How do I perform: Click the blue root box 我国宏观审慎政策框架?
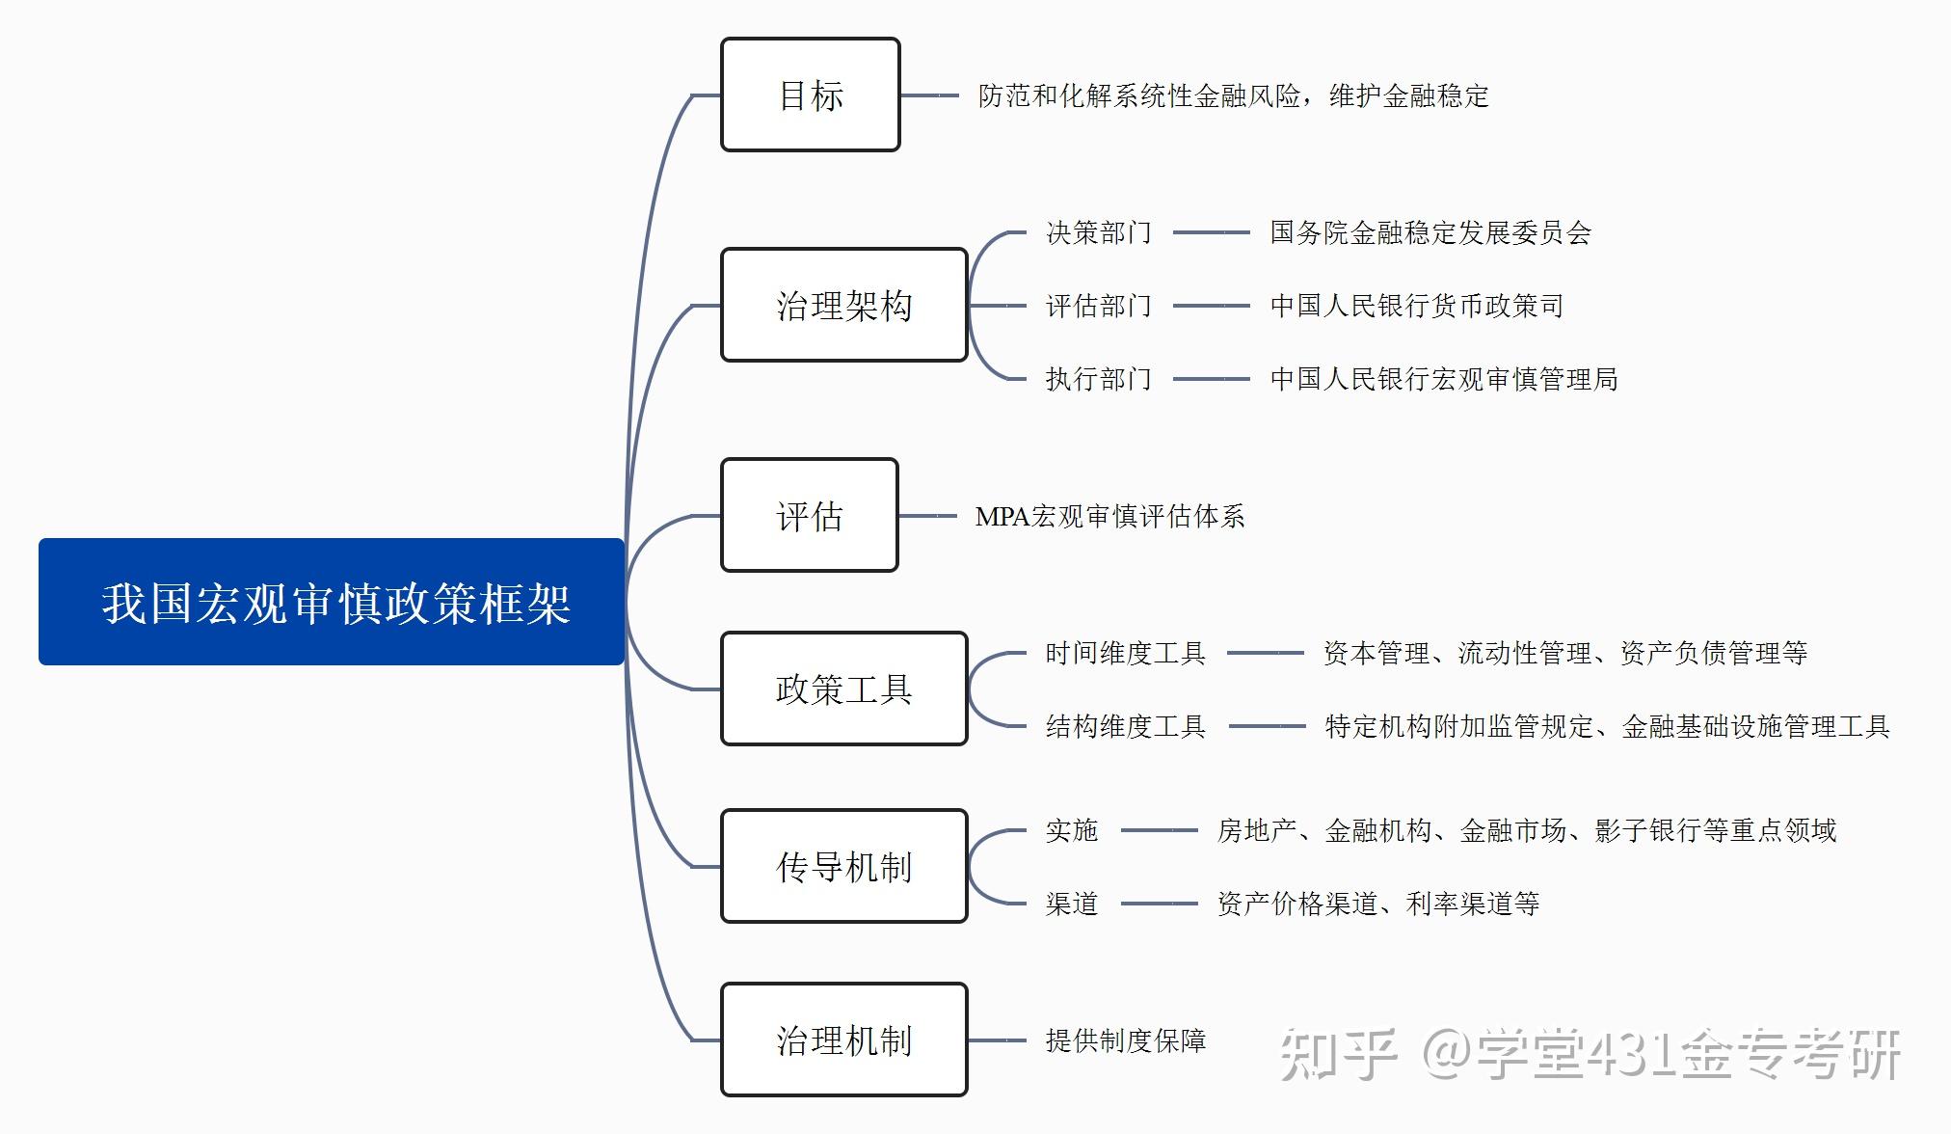[x=332, y=602]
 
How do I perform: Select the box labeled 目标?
[x=810, y=94]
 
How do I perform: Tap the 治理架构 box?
[x=843, y=305]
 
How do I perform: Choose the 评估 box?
[x=810, y=515]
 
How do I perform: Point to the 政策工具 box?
[x=843, y=688]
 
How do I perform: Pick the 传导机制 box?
[x=843, y=866]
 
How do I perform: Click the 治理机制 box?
[x=843, y=1039]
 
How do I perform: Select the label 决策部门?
[x=1099, y=232]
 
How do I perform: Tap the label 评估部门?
[x=1099, y=306]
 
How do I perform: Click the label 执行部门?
[x=1099, y=379]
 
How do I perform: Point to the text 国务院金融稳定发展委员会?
[x=1430, y=232]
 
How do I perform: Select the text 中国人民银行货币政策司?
[x=1417, y=306]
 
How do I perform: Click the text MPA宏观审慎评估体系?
[x=1109, y=516]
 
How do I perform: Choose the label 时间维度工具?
[x=1125, y=653]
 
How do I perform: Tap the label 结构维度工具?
[x=1125, y=726]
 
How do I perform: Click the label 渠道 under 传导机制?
[x=1072, y=904]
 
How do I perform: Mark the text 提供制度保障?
[x=1125, y=1040]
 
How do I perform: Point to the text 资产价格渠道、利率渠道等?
[x=1378, y=904]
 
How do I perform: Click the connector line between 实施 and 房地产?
[x=1159, y=830]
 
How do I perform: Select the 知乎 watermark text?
[x=1338, y=1055]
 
